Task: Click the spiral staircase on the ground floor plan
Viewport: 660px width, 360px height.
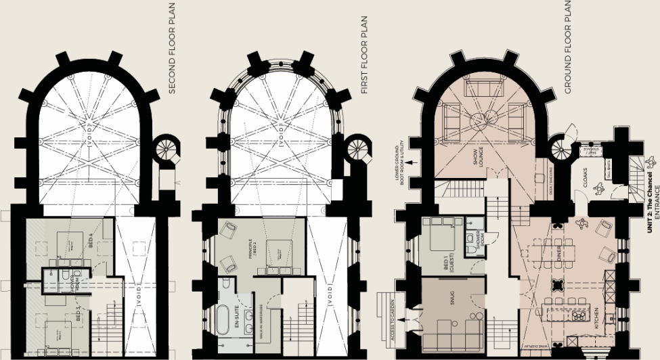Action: click(x=560, y=150)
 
